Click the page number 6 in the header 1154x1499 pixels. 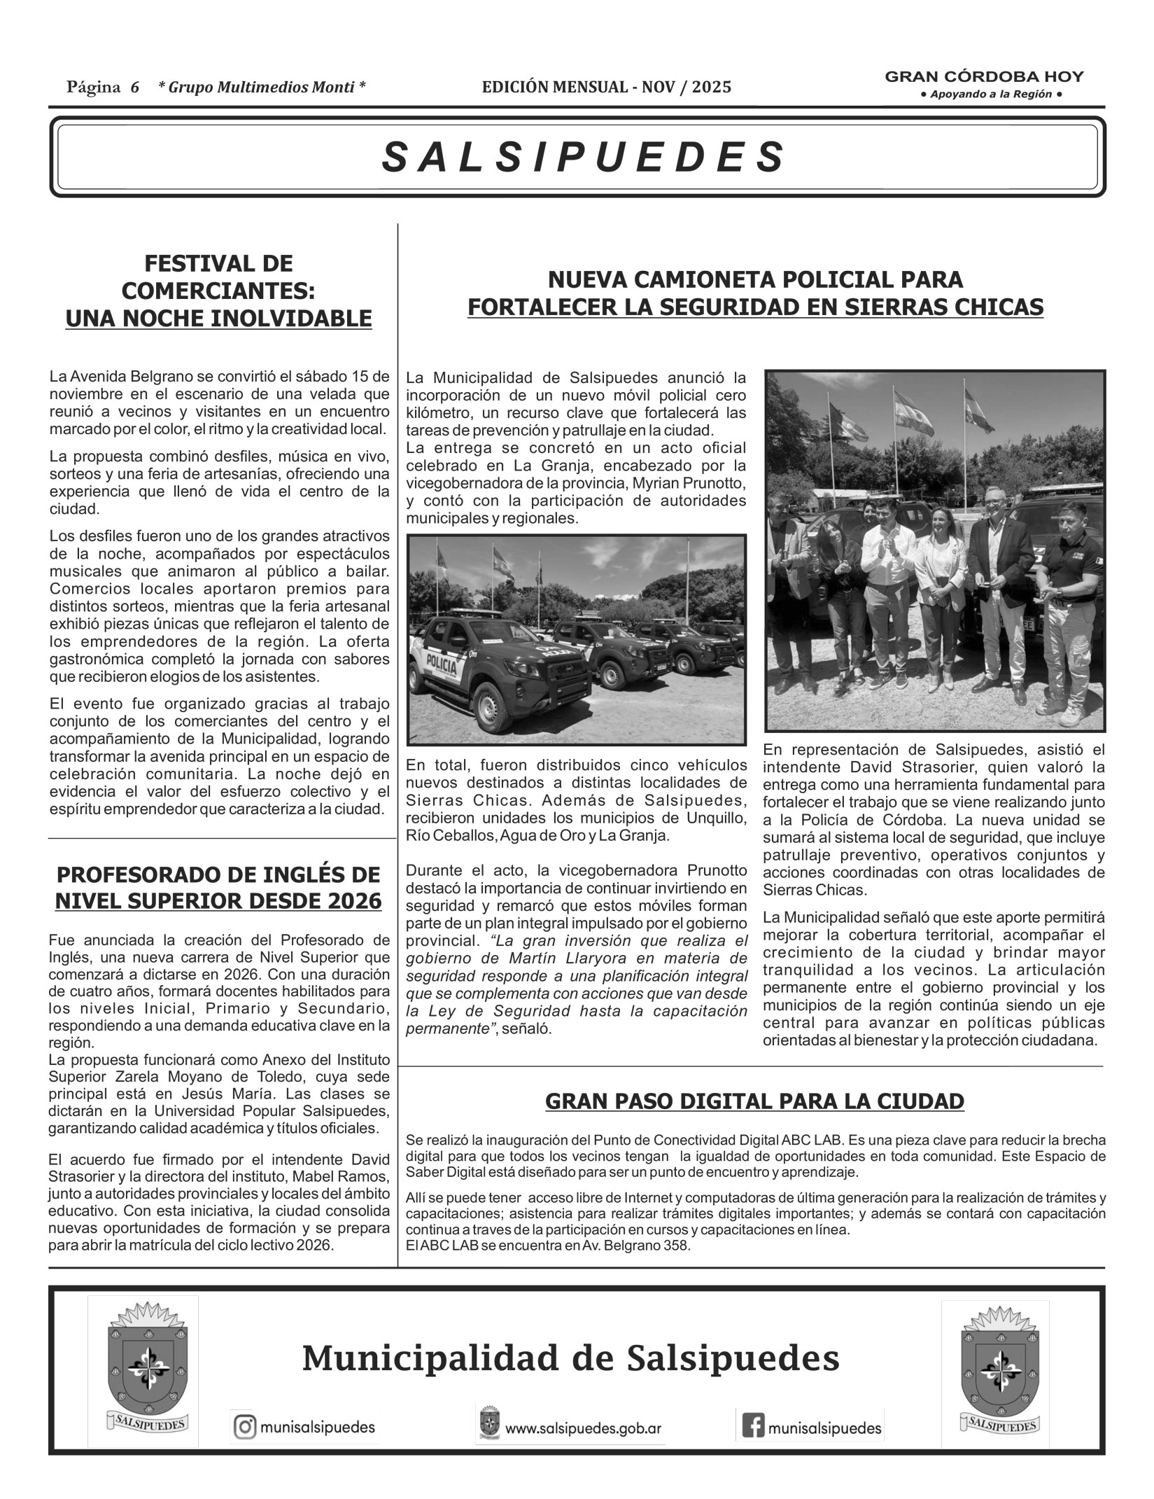[134, 87]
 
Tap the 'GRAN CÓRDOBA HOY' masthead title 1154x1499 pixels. [985, 76]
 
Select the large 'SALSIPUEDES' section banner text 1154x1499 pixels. [584, 157]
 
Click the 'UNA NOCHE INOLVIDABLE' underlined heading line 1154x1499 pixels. [218, 319]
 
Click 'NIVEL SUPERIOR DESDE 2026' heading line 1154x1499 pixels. [218, 901]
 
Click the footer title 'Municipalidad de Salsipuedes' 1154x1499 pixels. [570, 1359]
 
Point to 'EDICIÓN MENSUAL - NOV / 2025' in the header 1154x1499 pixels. [606, 87]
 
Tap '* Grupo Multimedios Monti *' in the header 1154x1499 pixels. [262, 87]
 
